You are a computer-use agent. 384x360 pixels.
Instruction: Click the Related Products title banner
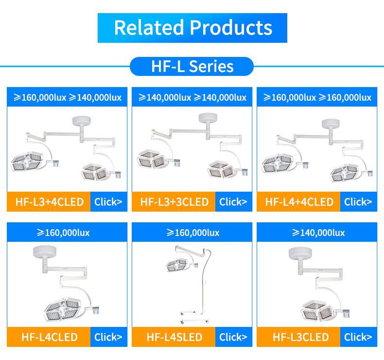192,28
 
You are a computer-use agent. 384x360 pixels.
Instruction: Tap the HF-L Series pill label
192,67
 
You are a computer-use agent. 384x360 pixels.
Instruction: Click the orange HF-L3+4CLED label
49,202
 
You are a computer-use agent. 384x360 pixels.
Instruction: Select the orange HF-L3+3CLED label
174,202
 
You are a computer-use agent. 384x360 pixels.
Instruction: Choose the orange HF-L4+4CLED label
298,202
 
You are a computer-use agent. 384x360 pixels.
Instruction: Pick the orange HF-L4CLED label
49,337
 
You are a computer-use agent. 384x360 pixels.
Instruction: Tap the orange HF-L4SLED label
174,337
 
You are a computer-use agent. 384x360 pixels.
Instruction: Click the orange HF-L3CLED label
298,337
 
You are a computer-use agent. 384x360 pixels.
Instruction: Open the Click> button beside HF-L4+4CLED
359,202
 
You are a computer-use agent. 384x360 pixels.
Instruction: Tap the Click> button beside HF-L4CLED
109,337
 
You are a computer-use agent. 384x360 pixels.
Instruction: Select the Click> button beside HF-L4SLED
234,337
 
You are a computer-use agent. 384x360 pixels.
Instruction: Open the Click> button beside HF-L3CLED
359,337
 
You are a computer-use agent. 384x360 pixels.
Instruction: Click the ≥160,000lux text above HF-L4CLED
63,233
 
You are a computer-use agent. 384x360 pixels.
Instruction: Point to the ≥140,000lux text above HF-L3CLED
318,233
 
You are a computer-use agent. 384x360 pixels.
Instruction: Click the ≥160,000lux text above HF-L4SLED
193,233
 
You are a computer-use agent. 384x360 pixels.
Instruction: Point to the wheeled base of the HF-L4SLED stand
195,317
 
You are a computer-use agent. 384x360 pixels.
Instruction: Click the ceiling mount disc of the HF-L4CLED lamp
45,251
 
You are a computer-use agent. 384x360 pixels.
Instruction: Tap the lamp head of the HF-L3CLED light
317,310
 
